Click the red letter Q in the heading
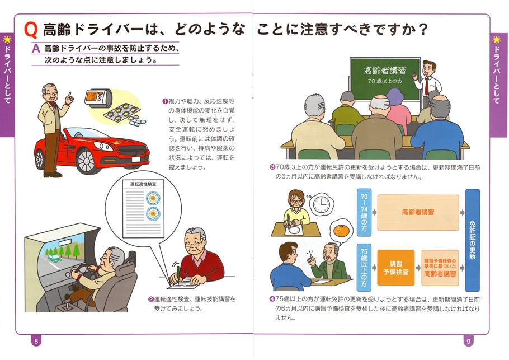(32, 30)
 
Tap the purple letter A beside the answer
(36, 49)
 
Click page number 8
(36, 341)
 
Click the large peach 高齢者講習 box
(418, 213)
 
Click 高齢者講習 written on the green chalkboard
(385, 71)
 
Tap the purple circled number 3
(272, 167)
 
